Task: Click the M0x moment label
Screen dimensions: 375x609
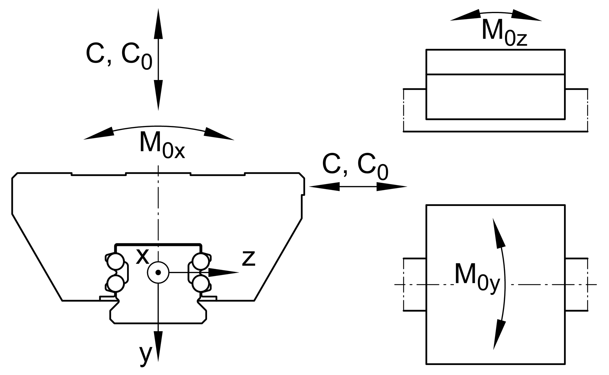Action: tap(162, 144)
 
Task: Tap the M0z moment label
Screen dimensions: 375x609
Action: tap(504, 32)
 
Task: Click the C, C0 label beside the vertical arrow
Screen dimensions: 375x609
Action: tap(119, 56)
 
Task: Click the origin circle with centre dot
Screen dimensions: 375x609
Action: tap(158, 272)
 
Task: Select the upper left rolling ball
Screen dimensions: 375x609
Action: tap(116, 262)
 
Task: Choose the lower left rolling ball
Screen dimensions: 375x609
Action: tap(116, 283)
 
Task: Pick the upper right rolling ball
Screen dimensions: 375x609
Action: tap(201, 262)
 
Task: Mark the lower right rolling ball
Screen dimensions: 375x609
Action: tap(201, 283)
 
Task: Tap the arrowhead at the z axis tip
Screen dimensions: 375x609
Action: tap(224, 272)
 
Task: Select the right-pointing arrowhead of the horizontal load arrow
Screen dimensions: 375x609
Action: tap(392, 187)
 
